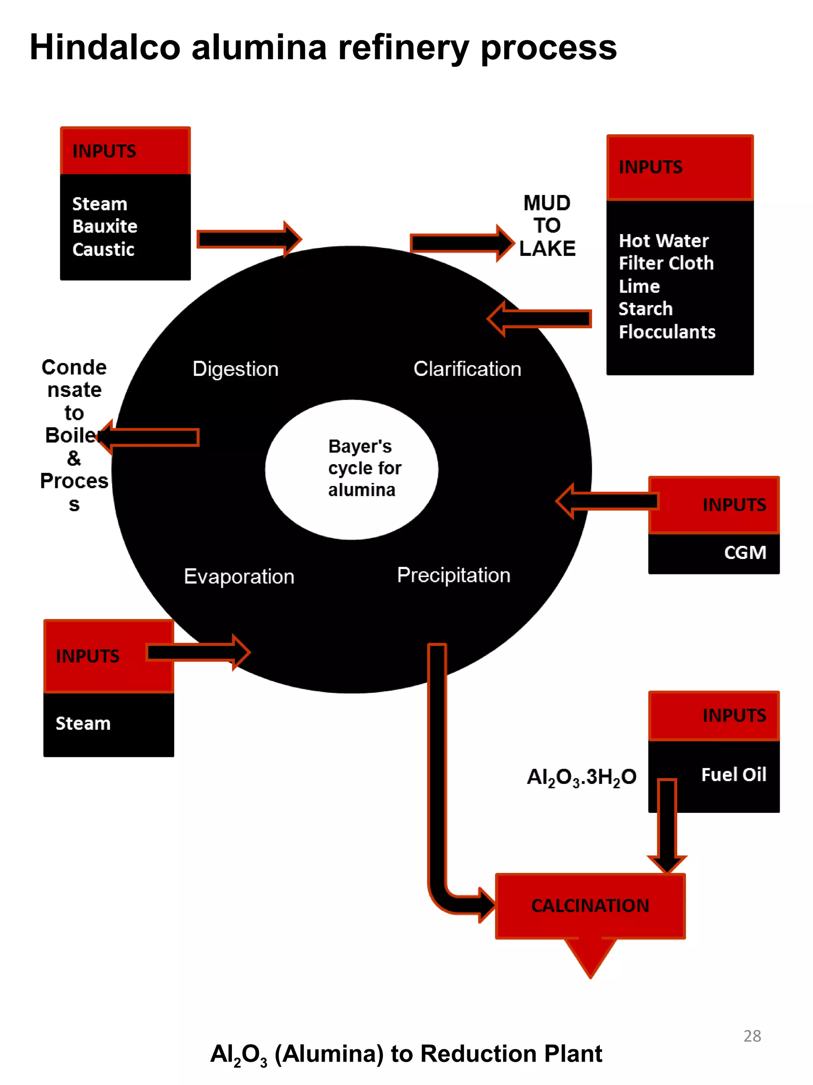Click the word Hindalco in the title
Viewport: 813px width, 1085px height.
pos(105,48)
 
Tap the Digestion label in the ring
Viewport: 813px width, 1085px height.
pos(235,369)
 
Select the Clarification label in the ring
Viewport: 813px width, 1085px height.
pos(467,369)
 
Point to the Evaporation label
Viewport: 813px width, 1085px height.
pos(239,576)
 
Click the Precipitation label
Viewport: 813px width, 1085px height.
pos(453,575)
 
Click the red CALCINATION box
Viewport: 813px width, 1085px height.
pos(590,905)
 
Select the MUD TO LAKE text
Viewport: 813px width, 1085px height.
pos(547,226)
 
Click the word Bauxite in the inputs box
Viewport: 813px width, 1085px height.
pos(105,226)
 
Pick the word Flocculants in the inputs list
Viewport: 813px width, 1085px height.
pos(667,332)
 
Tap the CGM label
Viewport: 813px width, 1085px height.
pos(745,553)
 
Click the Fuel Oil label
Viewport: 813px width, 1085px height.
pos(733,774)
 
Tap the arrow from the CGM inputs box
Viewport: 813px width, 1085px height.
pos(608,501)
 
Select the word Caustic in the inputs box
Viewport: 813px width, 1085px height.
pos(103,249)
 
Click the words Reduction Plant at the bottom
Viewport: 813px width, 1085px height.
pos(511,1054)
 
